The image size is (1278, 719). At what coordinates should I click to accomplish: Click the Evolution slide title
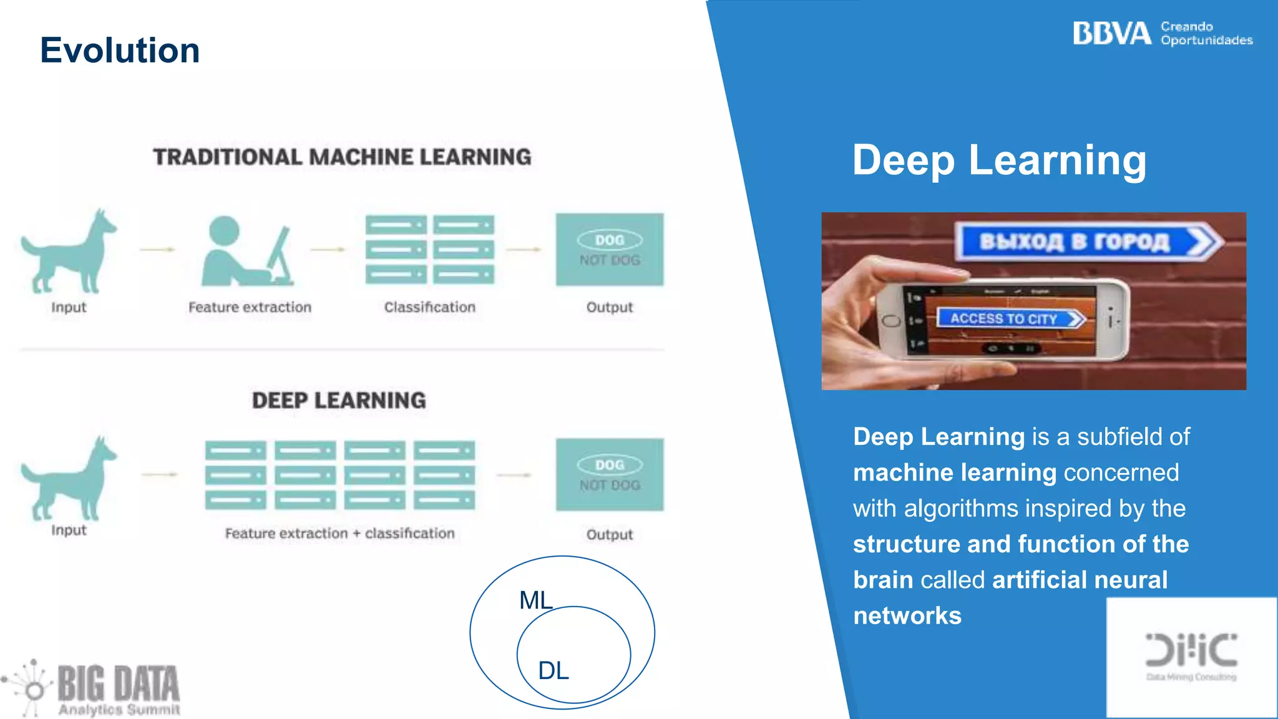(x=120, y=51)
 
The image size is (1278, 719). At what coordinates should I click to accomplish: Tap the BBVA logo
(x=1111, y=34)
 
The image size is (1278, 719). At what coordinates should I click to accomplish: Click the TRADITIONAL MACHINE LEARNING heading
(x=342, y=157)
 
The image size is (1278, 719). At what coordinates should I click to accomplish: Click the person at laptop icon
(x=247, y=252)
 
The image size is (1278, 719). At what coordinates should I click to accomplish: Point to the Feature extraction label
(x=250, y=307)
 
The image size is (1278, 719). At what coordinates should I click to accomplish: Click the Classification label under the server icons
(x=429, y=307)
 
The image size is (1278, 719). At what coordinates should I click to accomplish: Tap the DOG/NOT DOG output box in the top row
(x=610, y=250)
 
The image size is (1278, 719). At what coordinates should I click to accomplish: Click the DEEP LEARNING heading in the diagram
(x=339, y=400)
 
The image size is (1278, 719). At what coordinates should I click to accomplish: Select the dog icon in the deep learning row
(x=67, y=479)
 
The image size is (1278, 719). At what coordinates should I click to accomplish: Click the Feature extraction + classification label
(x=339, y=534)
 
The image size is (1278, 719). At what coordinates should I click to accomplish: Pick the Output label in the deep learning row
(x=609, y=535)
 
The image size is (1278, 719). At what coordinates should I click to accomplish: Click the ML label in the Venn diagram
(x=535, y=600)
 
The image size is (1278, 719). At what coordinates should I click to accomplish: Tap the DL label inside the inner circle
(x=553, y=671)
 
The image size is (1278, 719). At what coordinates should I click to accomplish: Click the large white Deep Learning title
(x=999, y=160)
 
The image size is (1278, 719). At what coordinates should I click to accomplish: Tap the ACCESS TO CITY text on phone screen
(x=1003, y=319)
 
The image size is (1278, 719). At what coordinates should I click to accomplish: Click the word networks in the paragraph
(x=907, y=616)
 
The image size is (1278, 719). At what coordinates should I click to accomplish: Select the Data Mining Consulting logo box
(x=1191, y=657)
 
